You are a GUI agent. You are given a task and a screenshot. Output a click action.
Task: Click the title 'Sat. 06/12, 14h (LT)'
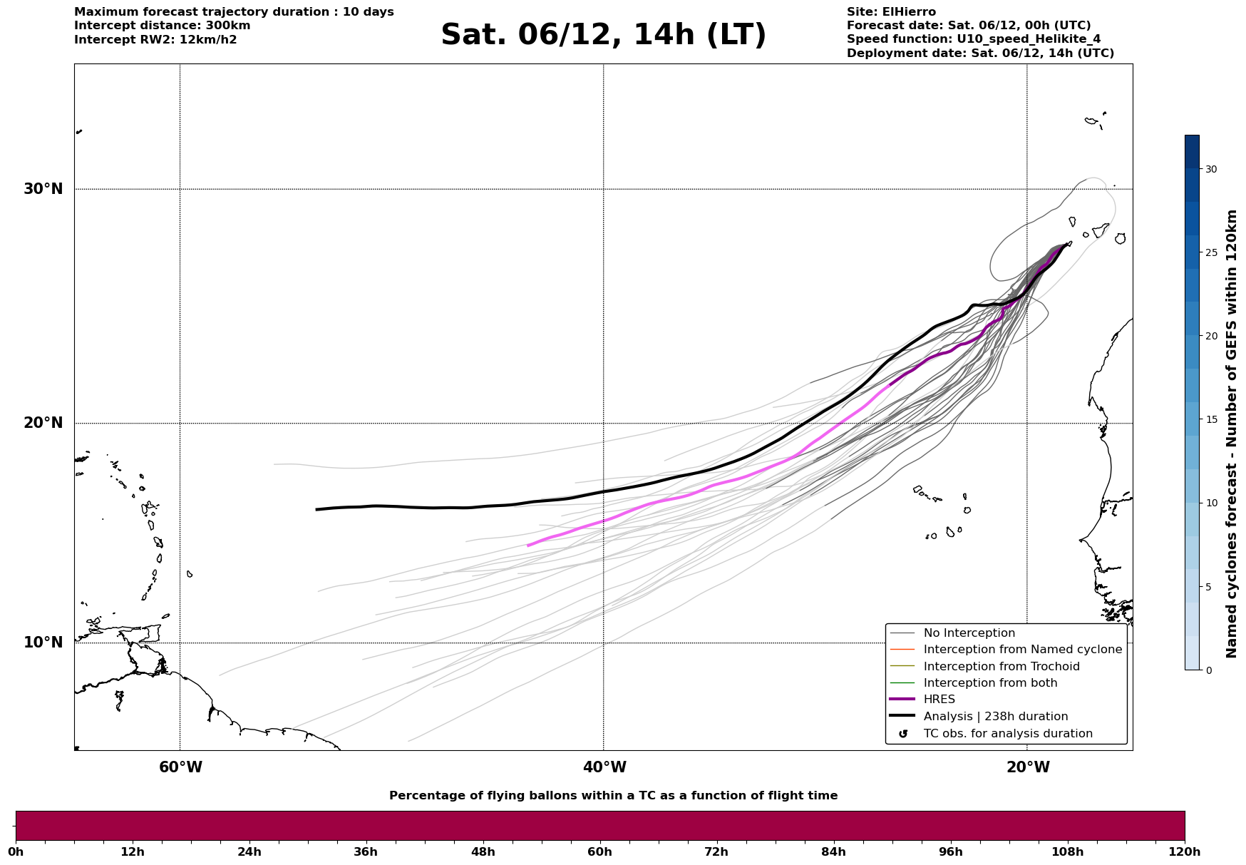pos(603,35)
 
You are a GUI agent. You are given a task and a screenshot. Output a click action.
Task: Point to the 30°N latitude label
pos(43,189)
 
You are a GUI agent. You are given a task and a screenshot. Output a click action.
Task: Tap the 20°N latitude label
pos(43,423)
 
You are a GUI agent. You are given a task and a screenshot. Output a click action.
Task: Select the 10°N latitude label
pos(43,643)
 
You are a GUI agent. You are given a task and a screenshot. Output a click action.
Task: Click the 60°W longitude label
pos(180,767)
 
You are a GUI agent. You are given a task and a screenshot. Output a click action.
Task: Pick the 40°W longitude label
pos(604,767)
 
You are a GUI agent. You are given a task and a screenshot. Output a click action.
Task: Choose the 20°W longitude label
pos(1028,767)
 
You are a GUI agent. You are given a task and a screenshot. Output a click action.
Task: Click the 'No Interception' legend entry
pos(969,633)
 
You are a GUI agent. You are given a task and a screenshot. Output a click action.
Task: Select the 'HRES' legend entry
pos(939,700)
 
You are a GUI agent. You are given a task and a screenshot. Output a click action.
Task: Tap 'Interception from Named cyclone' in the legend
pos(1022,650)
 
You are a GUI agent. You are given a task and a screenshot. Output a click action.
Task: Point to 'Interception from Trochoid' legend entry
pos(1001,667)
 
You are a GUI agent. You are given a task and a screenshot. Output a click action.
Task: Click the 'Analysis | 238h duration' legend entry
pos(995,717)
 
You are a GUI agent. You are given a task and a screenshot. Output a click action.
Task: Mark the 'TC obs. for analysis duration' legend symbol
pos(903,734)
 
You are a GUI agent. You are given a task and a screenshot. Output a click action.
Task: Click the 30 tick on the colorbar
pos(1210,169)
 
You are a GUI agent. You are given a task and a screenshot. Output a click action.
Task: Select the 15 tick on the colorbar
pos(1210,419)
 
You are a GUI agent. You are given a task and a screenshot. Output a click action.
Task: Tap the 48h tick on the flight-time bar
pos(483,852)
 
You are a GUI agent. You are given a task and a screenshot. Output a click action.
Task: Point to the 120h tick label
pos(1185,852)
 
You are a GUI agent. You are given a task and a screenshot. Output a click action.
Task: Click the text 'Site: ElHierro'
pos(891,12)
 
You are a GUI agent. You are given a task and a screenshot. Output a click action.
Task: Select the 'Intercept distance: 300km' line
pos(162,26)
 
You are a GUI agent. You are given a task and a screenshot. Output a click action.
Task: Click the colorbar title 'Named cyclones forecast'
pos(1231,434)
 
